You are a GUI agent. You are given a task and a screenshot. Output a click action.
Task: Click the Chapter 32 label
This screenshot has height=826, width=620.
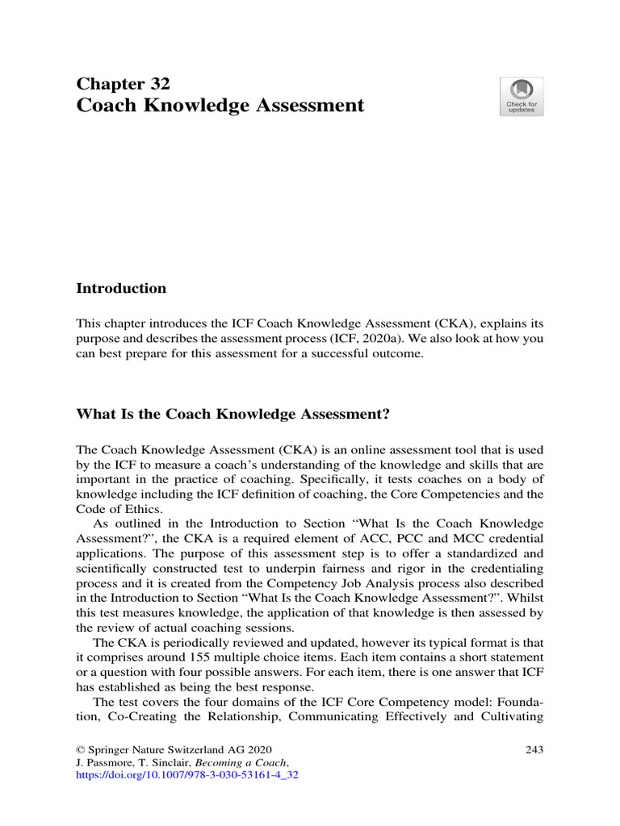click(x=123, y=84)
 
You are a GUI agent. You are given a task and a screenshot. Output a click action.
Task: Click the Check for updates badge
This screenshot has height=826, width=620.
click(x=521, y=97)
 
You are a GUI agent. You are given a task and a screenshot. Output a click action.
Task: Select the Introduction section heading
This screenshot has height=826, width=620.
click(x=121, y=289)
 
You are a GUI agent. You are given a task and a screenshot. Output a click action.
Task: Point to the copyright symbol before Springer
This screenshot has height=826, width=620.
click(x=80, y=751)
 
